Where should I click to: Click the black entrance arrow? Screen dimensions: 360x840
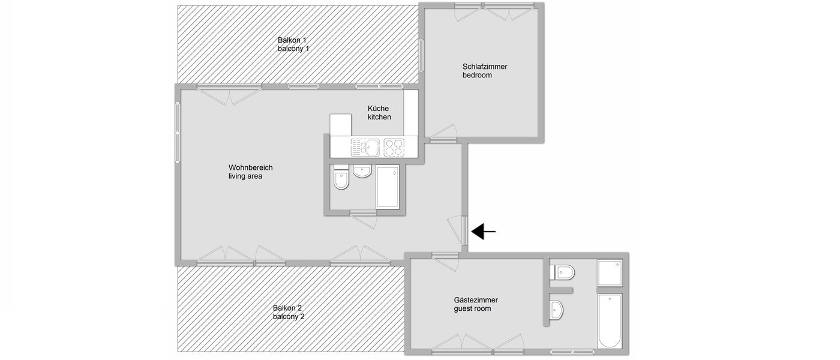pyautogui.click(x=484, y=231)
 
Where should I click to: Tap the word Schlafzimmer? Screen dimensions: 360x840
pyautogui.click(x=485, y=67)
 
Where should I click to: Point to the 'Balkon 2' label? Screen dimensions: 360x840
pyautogui.click(x=288, y=308)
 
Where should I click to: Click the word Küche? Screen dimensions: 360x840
pyautogui.click(x=378, y=108)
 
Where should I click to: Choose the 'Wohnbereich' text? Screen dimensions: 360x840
pyautogui.click(x=250, y=167)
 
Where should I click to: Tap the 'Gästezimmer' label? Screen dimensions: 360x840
pyautogui.click(x=476, y=300)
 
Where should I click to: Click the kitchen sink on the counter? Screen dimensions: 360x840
pyautogui.click(x=364, y=146)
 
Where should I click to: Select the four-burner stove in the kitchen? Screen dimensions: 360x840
pyautogui.click(x=394, y=146)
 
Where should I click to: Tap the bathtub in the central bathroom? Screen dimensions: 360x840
pyautogui.click(x=388, y=187)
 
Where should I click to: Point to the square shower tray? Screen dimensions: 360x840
pyautogui.click(x=610, y=273)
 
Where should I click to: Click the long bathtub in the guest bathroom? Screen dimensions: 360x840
pyautogui.click(x=610, y=320)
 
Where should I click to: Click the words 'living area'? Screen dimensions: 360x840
pyautogui.click(x=245, y=176)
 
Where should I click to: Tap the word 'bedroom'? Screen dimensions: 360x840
pyautogui.click(x=477, y=76)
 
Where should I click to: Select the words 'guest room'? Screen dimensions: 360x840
pyautogui.click(x=472, y=309)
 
